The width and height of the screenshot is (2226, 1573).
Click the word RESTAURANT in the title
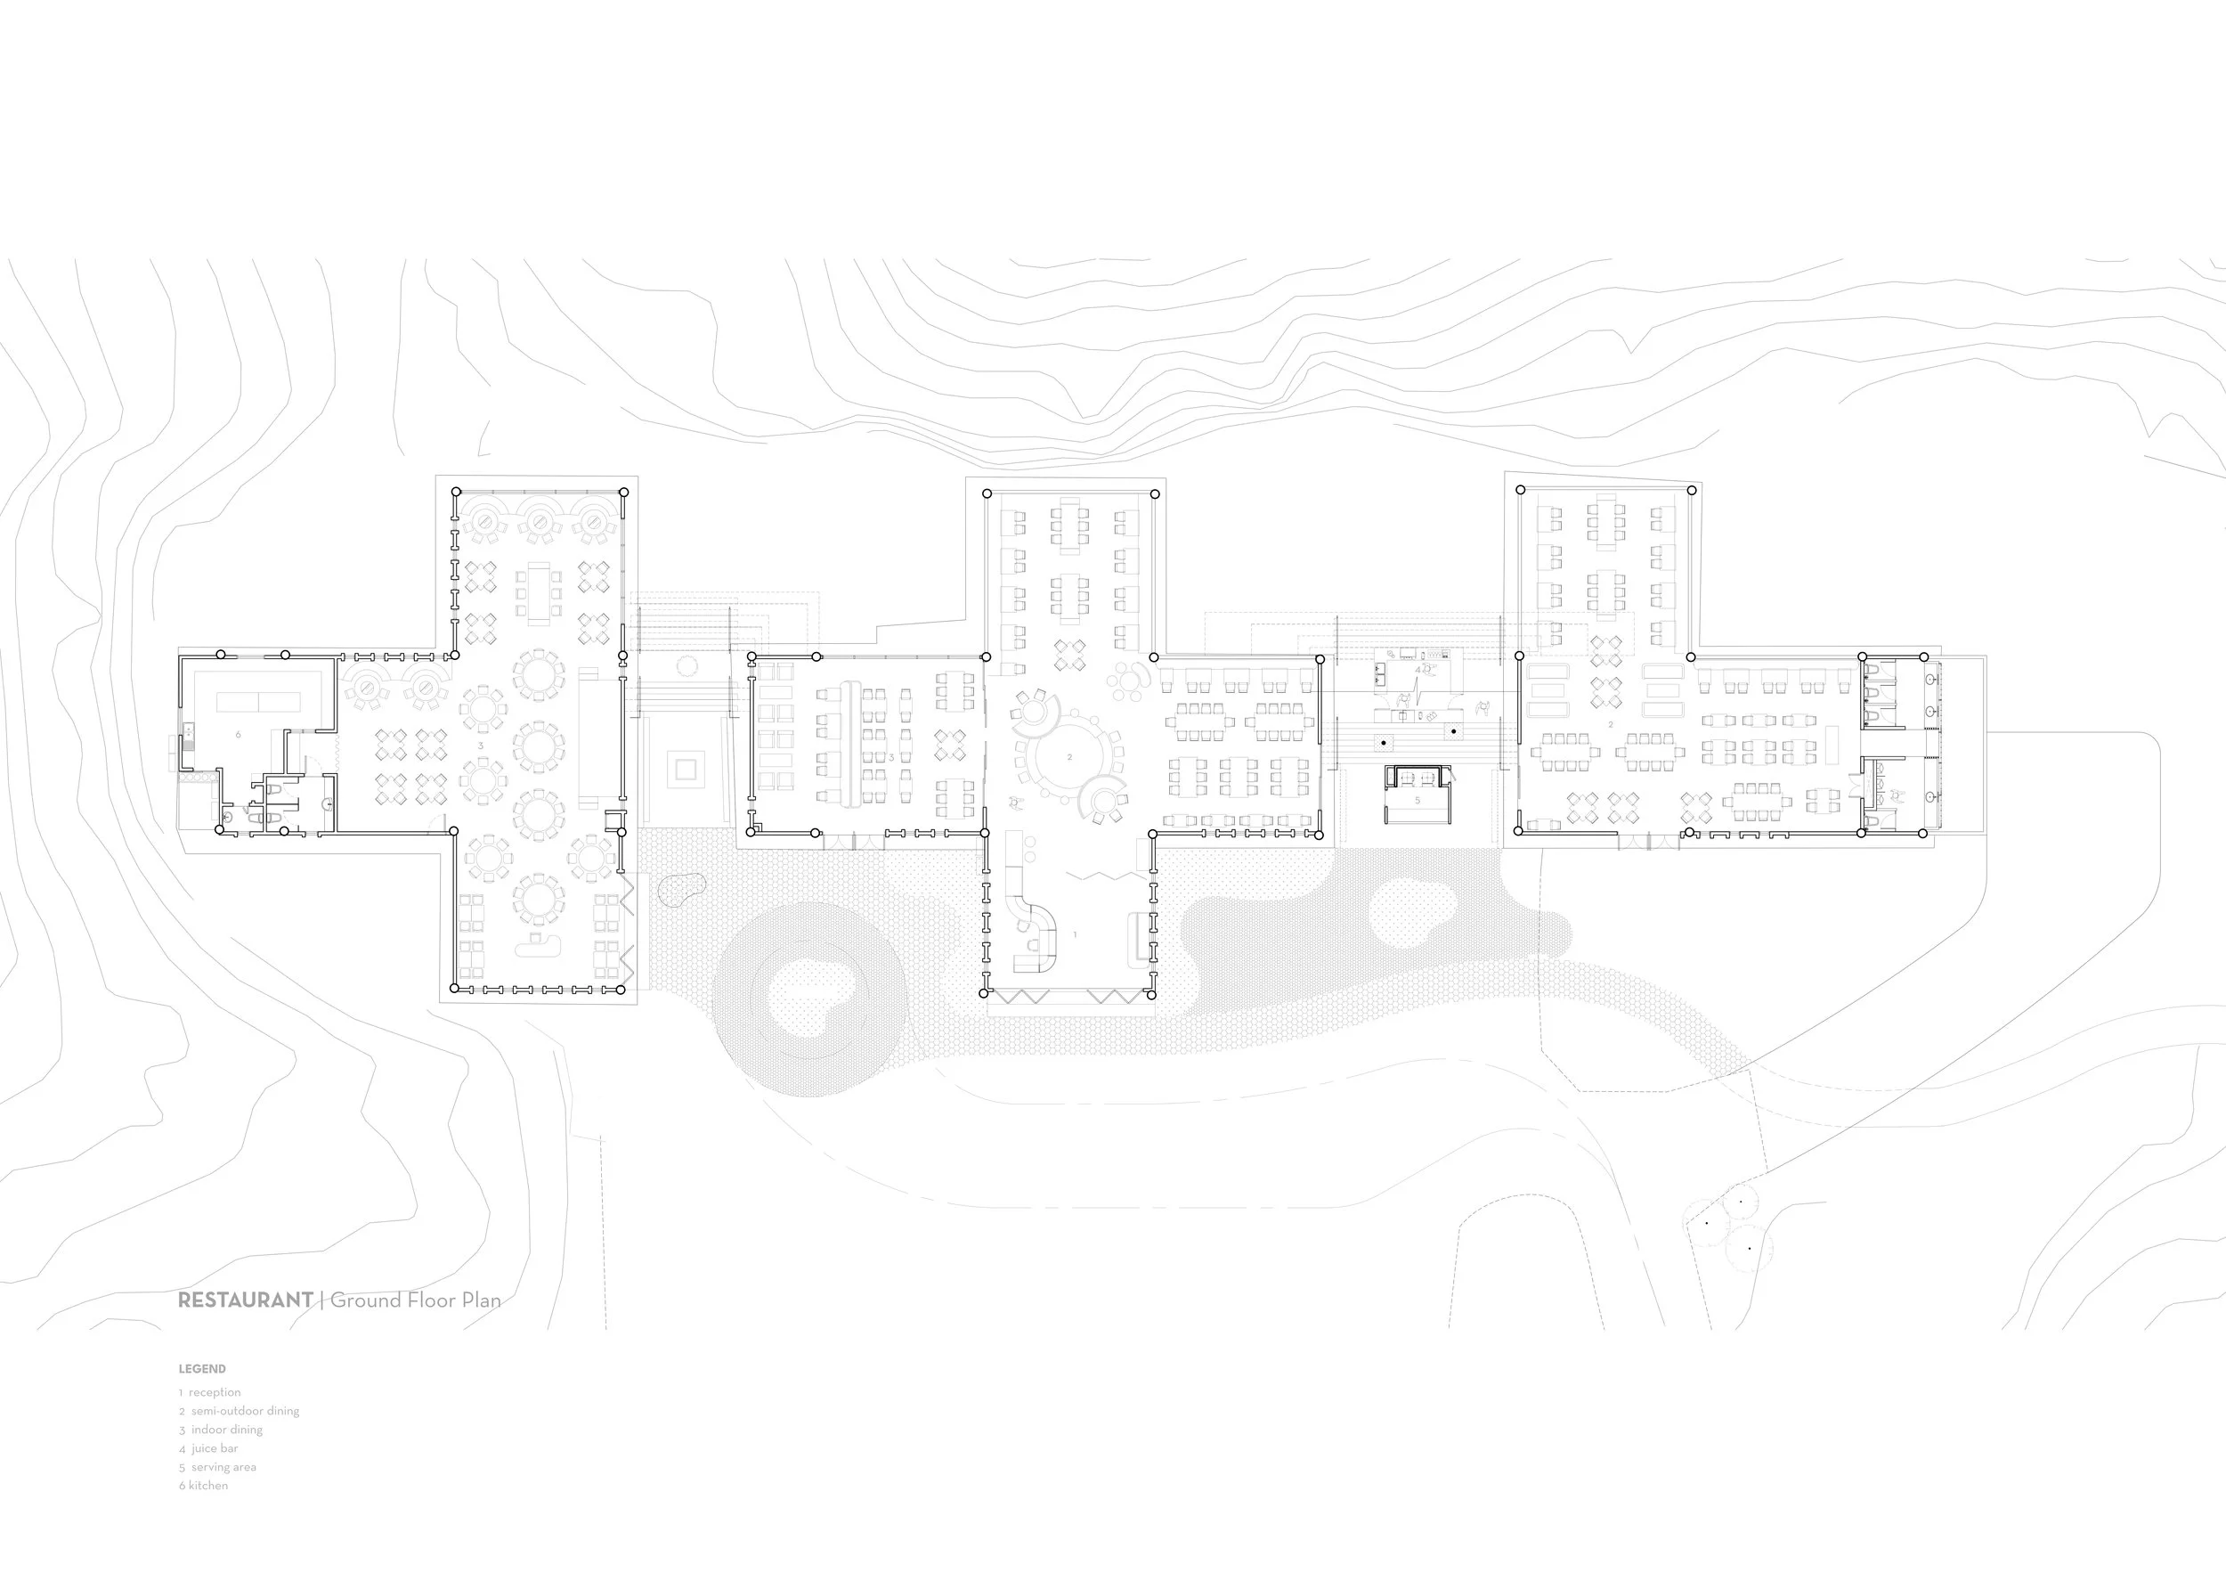pos(245,1300)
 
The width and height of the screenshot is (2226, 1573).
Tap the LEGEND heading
pos(201,1369)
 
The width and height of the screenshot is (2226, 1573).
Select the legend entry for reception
pos(209,1392)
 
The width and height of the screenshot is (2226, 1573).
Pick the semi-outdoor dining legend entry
pos(239,1411)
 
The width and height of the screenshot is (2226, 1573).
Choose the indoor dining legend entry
pos(220,1430)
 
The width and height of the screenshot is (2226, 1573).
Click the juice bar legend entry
pos(208,1449)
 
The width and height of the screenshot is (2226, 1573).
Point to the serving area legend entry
pos(217,1467)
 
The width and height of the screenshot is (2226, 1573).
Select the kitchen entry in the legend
pos(204,1486)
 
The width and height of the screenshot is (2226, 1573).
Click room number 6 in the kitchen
pos(239,735)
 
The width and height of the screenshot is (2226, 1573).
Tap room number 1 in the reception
pos(1074,935)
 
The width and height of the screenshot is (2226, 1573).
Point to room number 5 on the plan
pos(1418,800)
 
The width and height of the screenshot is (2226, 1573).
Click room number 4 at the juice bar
pos(1417,670)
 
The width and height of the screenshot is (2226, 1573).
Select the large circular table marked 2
pos(1069,757)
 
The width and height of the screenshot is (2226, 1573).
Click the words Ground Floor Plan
pos(416,1300)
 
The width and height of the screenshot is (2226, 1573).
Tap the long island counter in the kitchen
pos(259,701)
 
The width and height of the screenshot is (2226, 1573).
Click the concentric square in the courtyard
pos(686,770)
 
